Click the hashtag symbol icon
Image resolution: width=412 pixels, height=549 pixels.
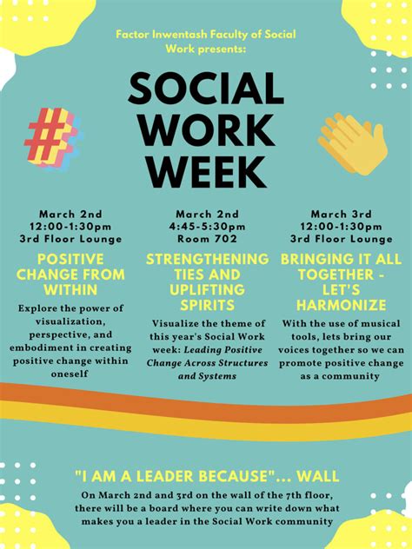(x=52, y=137)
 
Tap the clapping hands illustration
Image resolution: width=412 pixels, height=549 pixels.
(x=352, y=143)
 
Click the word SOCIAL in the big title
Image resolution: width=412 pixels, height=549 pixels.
(x=206, y=89)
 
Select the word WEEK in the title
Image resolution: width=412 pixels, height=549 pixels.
(x=206, y=172)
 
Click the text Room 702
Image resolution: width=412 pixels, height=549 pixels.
(x=207, y=239)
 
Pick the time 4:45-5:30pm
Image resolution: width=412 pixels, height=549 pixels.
(x=207, y=227)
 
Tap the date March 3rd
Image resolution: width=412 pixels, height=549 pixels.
(x=342, y=214)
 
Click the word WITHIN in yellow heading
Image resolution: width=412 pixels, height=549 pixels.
(x=70, y=290)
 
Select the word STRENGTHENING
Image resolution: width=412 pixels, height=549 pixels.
(x=208, y=259)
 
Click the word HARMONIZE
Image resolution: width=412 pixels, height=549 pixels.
(x=342, y=305)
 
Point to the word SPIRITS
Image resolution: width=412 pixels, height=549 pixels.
(x=207, y=305)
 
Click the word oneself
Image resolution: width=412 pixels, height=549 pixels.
(x=70, y=374)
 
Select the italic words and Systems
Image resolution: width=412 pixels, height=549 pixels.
(x=207, y=376)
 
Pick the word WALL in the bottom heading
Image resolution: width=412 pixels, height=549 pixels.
(x=317, y=476)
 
